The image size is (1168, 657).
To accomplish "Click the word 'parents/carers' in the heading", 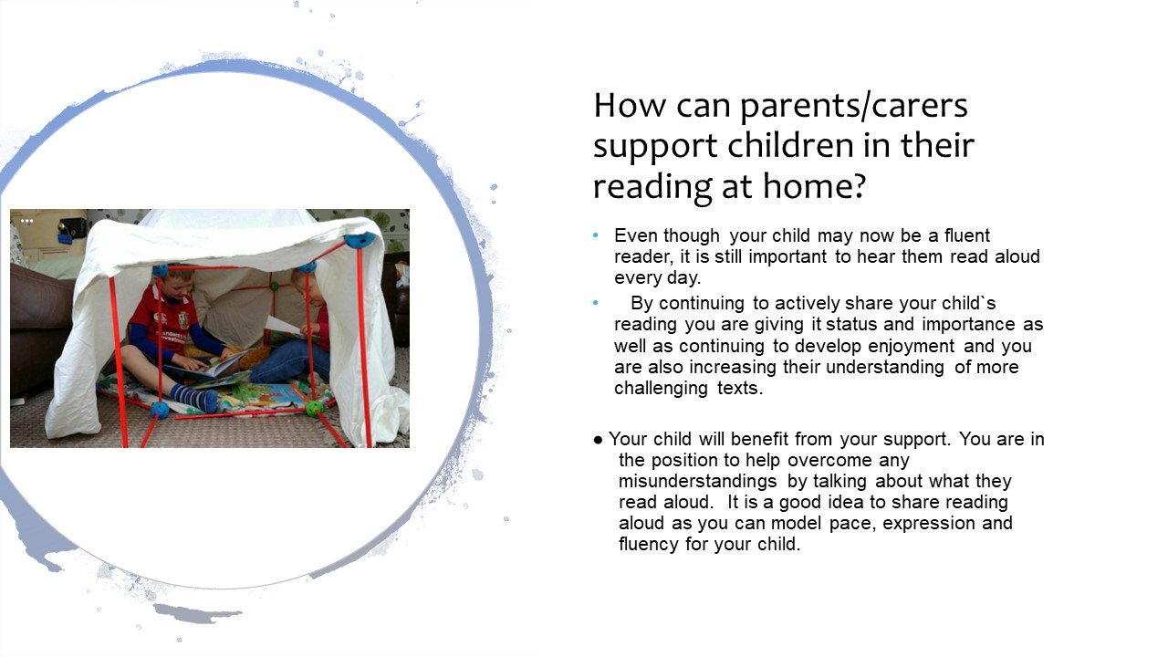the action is point(853,106).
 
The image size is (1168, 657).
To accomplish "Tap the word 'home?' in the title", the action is point(815,186).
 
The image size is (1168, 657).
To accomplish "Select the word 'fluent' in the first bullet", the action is point(967,235).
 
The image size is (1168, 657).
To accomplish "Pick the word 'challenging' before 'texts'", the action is point(661,389).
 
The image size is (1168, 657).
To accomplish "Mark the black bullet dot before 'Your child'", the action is point(598,440).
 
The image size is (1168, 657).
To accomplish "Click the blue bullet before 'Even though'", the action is point(596,235).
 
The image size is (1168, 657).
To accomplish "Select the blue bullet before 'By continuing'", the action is point(596,303).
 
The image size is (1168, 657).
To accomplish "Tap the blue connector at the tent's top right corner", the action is point(360,240).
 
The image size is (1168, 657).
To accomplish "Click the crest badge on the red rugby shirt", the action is point(182,320).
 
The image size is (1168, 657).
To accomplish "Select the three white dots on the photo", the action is point(27,221).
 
